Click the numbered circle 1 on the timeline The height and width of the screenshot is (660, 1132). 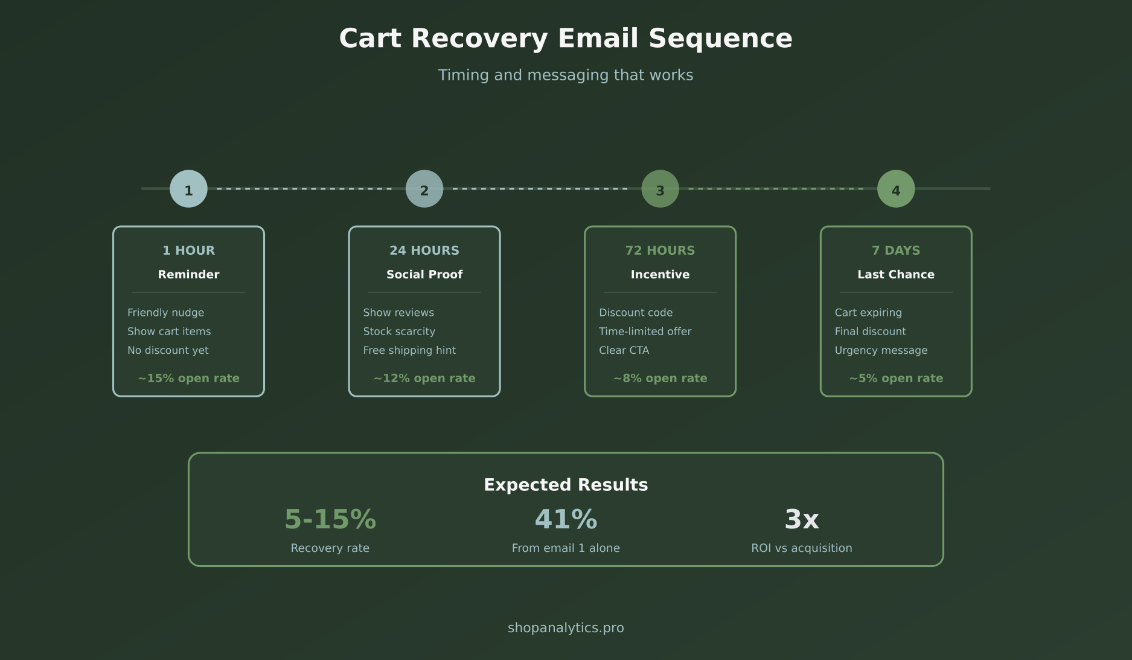pos(188,189)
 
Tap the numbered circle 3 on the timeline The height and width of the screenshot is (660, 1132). pos(660,189)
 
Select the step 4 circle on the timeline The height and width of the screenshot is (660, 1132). pos(895,189)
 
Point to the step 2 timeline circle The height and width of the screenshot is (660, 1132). pos(424,189)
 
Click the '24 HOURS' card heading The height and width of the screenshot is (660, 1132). pos(424,251)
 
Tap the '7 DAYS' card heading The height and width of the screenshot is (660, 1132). pos(895,251)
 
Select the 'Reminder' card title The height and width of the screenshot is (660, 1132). pos(188,275)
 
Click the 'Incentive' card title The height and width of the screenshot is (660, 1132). pos(660,275)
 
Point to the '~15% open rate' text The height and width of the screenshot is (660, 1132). pos(188,379)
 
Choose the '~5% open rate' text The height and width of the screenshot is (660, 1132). pos(895,379)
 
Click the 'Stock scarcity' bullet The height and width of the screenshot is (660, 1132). pos(399,332)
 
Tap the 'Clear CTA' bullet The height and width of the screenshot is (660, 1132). pos(624,350)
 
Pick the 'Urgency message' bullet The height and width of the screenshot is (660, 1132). pos(881,350)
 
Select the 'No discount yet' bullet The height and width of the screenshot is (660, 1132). pos(168,350)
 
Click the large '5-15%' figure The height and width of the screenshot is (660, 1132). pos(330,519)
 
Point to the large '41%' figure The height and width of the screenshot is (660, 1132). pos(566,519)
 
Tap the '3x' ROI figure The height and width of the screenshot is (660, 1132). pos(801,519)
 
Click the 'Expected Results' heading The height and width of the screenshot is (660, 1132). pos(566,485)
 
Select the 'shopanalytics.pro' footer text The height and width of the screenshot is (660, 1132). pos(566,628)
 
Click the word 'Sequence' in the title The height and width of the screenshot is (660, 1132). pos(720,39)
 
